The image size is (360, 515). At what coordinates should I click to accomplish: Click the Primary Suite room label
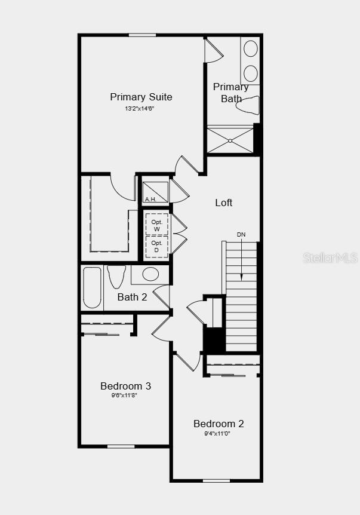[x=141, y=97]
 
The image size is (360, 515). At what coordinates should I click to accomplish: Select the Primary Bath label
[x=231, y=93]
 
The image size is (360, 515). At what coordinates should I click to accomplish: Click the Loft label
[x=224, y=203]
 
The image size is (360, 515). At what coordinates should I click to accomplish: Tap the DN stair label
[x=241, y=235]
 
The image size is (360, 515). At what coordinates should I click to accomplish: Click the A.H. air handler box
[x=155, y=192]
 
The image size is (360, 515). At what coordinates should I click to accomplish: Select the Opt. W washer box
[x=157, y=225]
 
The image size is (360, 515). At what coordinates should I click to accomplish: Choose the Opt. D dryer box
[x=157, y=246]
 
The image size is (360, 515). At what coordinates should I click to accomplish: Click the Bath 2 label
[x=132, y=297]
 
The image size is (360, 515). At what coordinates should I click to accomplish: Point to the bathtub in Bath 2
[x=93, y=287]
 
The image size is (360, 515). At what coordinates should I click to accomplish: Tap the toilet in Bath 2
[x=116, y=277]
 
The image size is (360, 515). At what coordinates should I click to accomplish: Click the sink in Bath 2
[x=150, y=274]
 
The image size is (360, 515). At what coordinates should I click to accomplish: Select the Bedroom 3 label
[x=125, y=386]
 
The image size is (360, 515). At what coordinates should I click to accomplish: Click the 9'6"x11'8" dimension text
[x=124, y=396]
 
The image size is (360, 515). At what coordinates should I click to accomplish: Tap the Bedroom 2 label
[x=219, y=424]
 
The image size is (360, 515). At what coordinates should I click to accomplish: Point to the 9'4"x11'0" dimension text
[x=217, y=434]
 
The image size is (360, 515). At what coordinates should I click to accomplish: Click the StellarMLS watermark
[x=330, y=257]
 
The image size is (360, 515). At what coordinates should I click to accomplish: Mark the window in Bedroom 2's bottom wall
[x=216, y=480]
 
